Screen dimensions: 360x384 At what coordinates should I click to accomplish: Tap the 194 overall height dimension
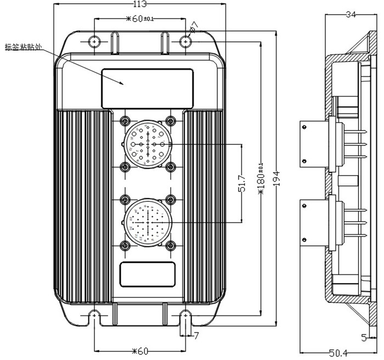[276, 177]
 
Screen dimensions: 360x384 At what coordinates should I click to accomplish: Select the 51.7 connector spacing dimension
[242, 183]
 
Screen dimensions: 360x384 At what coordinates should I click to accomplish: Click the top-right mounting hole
[187, 41]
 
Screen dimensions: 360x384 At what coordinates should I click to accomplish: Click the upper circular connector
[148, 144]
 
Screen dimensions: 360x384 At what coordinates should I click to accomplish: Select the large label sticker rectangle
[146, 88]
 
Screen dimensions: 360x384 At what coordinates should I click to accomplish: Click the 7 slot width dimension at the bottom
[196, 335]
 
